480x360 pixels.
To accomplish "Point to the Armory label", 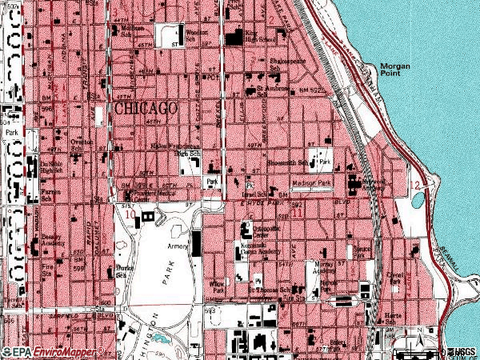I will [177, 247].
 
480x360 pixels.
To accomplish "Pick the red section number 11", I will [297, 213].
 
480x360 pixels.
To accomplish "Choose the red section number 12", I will [414, 185].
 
